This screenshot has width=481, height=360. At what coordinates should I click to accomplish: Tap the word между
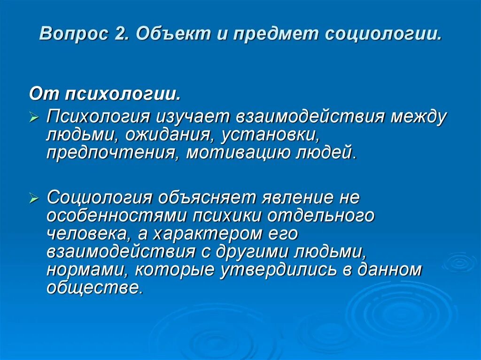tap(419, 117)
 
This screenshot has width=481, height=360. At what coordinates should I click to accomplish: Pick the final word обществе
tap(93, 287)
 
